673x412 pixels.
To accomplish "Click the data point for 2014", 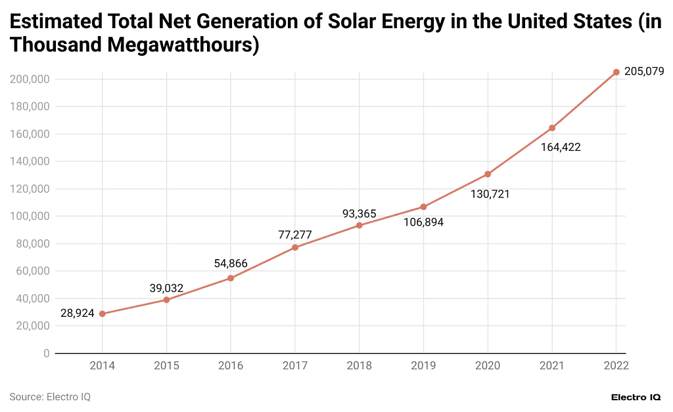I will point(103,314).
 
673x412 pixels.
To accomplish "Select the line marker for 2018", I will point(360,225).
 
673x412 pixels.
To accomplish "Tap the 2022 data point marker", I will point(616,72).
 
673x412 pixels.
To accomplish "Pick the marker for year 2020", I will point(488,174).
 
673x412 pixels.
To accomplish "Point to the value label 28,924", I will point(77,313).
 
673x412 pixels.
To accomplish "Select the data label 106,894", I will point(423,222).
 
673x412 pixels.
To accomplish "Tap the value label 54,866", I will point(231,264).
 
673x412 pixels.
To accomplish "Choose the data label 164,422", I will point(561,147).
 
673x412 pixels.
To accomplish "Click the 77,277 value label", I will point(295,235).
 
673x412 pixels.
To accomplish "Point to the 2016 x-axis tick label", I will point(231,366).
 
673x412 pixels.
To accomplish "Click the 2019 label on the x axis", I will point(423,366).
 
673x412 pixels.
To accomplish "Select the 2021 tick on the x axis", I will point(552,366).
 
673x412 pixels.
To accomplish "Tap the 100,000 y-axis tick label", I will point(30,216).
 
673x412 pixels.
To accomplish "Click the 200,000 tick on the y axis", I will point(30,79).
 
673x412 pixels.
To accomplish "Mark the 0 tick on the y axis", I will point(46,353).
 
